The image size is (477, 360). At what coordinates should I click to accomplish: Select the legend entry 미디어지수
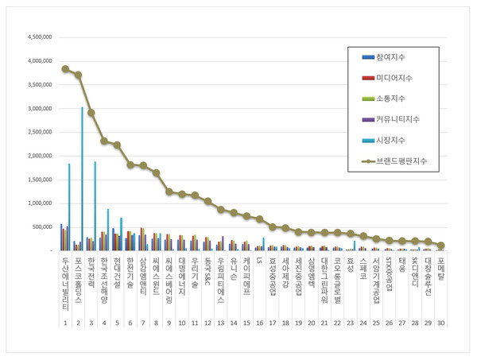pos(396,77)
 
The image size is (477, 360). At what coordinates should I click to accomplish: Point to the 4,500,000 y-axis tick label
pos(40,37)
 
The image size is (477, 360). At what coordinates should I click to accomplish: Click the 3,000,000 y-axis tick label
pos(40,108)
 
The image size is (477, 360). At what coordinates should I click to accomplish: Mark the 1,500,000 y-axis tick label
pos(40,180)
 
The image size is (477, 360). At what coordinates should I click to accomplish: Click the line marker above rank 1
pos(65,69)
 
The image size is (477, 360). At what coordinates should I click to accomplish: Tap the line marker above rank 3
pos(91,113)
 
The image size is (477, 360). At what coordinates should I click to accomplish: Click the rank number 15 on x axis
pos(246,323)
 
